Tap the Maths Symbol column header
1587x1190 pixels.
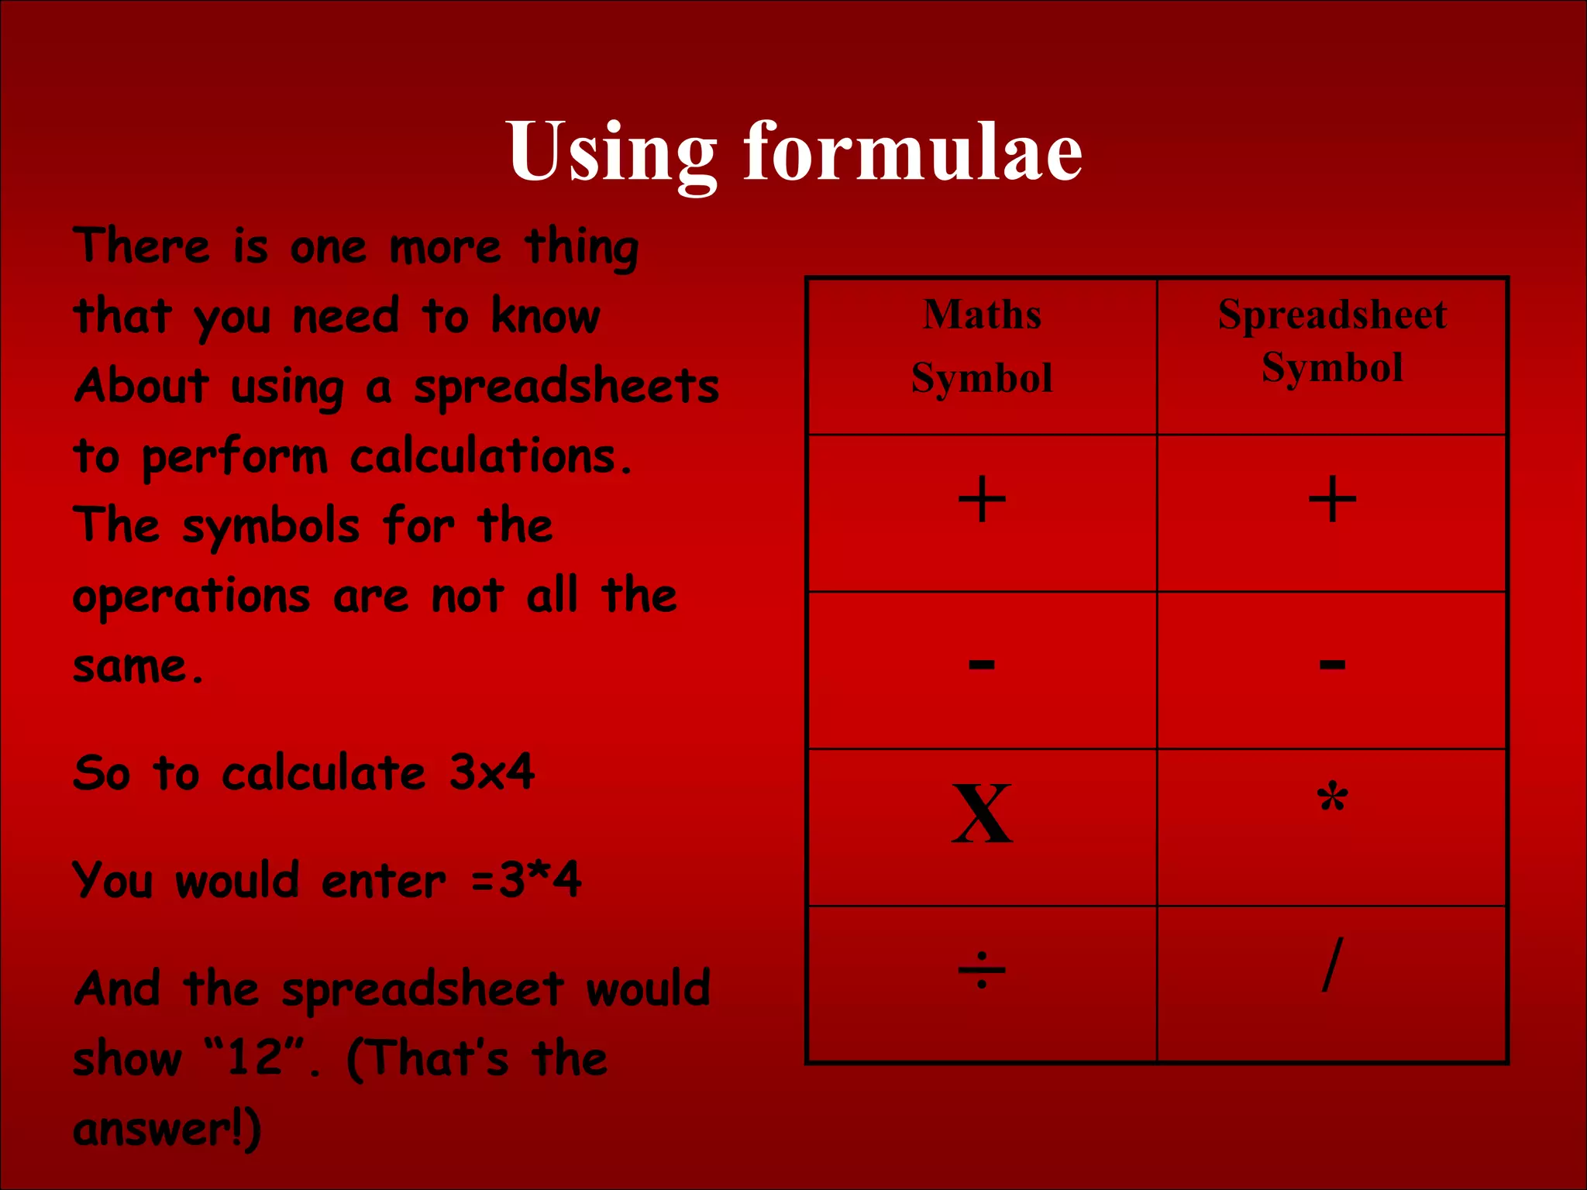point(982,346)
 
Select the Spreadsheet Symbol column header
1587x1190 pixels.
point(1332,341)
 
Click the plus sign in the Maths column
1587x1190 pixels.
point(982,500)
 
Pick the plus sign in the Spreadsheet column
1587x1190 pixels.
point(1332,500)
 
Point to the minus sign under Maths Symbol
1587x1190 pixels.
point(982,664)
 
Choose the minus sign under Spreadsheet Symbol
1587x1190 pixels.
point(1332,664)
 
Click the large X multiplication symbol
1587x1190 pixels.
point(982,814)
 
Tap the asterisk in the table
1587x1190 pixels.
point(1332,799)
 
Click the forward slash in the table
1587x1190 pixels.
point(1332,965)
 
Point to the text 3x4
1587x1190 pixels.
point(493,773)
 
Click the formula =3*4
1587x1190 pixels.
point(526,881)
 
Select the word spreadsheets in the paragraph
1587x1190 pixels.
point(566,387)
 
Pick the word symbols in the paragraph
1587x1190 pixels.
point(271,528)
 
